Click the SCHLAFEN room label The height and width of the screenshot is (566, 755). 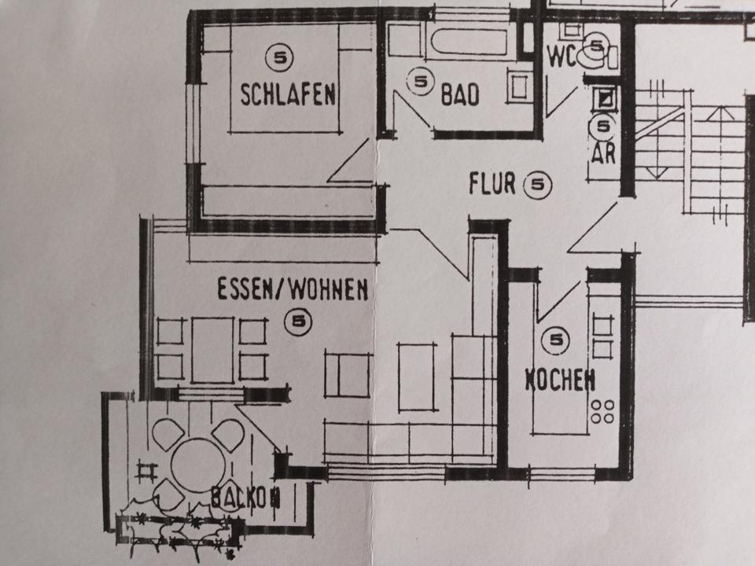click(288, 95)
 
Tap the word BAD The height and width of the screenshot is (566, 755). click(460, 96)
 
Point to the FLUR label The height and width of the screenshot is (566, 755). click(492, 184)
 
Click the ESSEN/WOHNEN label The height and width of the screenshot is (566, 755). click(293, 291)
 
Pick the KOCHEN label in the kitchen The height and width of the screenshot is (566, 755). click(560, 381)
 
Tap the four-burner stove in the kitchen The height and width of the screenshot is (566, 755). click(604, 410)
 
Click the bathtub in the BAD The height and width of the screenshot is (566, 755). click(470, 40)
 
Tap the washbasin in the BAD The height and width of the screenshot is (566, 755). click(520, 87)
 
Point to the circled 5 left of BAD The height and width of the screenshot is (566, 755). click(421, 80)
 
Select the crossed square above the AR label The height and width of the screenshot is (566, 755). click(605, 98)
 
